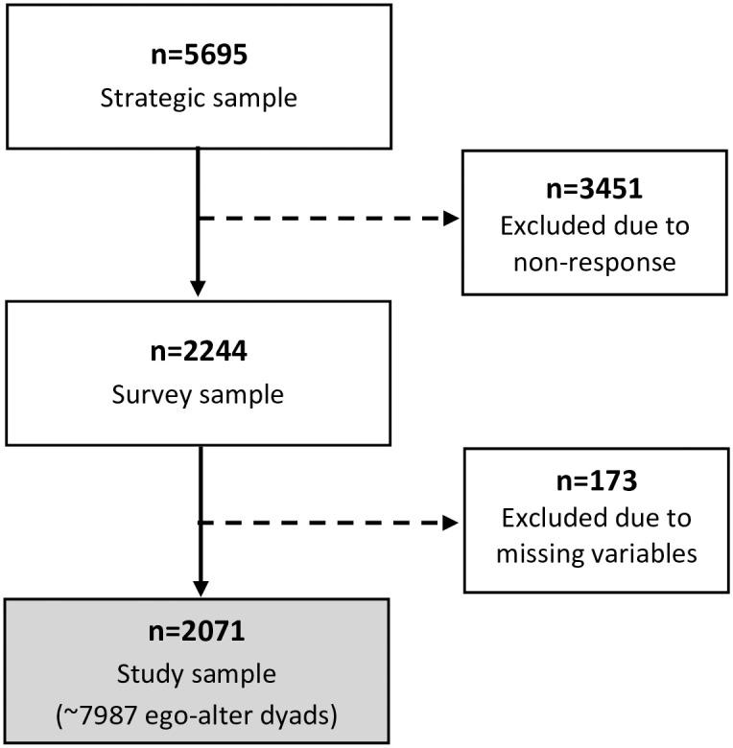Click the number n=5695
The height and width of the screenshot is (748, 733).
coord(199,56)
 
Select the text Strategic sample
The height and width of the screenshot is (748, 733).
coord(199,99)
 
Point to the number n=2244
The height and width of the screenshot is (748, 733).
coord(199,351)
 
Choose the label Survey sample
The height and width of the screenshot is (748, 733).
coord(199,394)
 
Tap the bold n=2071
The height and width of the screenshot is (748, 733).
coord(199,634)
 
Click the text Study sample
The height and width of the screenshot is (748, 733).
coord(199,674)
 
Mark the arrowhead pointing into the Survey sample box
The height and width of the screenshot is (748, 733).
coord(199,287)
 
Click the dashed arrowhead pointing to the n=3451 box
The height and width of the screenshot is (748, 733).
coord(451,218)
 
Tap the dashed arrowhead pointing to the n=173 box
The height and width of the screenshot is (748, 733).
coord(451,523)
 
